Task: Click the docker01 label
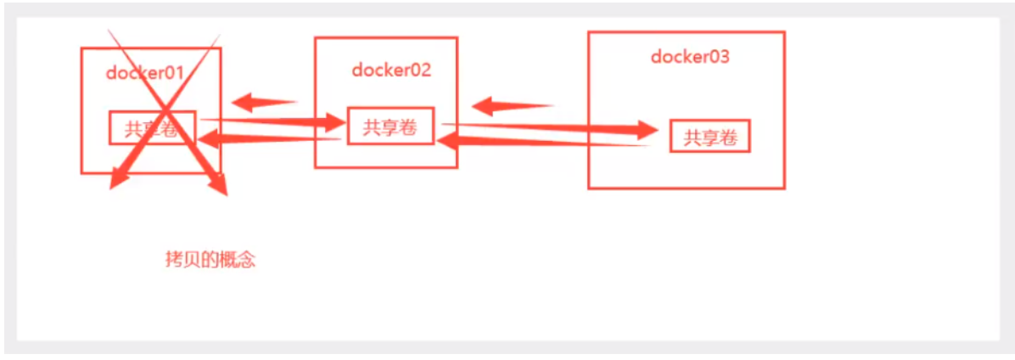point(145,72)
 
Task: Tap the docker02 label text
point(391,70)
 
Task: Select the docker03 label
point(690,57)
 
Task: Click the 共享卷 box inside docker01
point(153,128)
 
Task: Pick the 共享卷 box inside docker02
point(390,127)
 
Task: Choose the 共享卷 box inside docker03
point(710,137)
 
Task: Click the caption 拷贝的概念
point(210,260)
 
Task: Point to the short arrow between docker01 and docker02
point(264,104)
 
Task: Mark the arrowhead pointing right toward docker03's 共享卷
point(646,132)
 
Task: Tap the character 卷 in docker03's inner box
point(727,138)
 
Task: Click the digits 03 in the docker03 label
point(718,57)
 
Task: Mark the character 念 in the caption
point(245,260)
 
